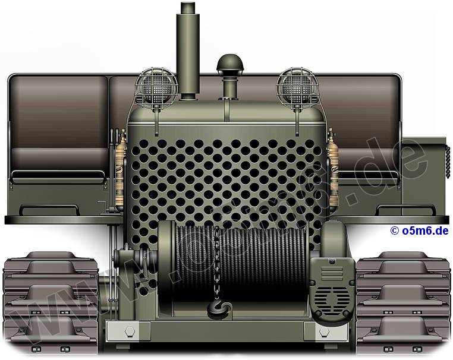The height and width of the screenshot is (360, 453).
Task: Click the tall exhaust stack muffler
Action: [188, 52]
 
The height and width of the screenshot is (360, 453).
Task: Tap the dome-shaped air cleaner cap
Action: [230, 62]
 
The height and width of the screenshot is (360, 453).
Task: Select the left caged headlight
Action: [156, 87]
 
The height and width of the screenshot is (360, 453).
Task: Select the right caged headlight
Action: [297, 87]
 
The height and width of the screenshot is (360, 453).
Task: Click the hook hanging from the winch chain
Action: [219, 309]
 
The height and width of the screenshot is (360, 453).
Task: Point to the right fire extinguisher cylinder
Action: [333, 170]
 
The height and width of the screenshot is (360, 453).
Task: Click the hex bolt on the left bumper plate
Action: [130, 331]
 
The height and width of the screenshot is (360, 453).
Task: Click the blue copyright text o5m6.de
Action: [419, 230]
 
